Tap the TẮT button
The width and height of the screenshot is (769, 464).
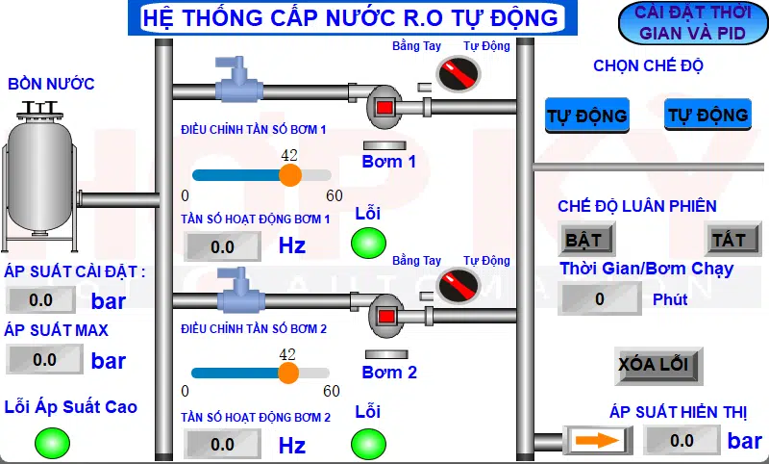pos(732,238)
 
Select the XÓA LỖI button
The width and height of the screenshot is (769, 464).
pos(654,365)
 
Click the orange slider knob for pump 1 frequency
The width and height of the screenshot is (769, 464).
pos(289,174)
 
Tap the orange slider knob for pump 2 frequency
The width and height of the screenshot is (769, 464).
pos(287,373)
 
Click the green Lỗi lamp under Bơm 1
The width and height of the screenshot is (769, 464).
pos(367,244)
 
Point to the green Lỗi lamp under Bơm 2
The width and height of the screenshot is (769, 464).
pos(366,443)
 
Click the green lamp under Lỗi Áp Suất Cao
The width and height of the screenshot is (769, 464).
pos(52,443)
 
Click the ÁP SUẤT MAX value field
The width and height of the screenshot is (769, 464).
pos(44,360)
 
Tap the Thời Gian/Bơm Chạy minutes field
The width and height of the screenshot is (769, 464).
pos(600,298)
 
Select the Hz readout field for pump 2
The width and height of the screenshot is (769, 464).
pos(223,444)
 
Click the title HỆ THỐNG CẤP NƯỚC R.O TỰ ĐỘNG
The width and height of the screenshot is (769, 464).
pos(349,17)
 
